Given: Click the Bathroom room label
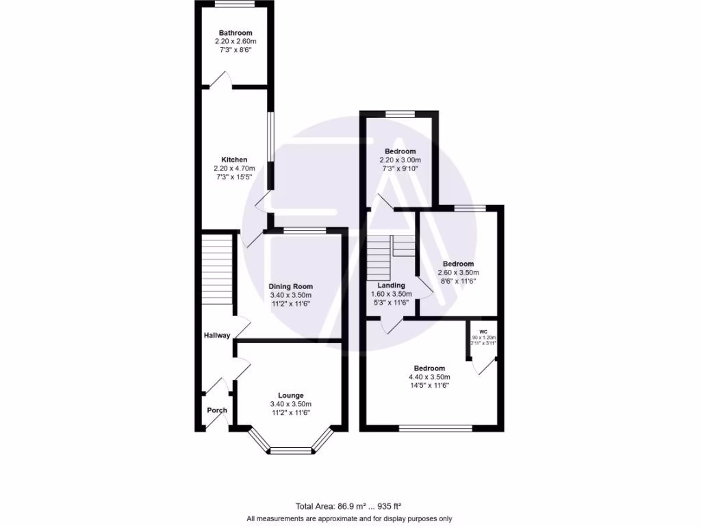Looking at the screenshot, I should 235,33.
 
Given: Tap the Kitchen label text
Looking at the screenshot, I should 233,160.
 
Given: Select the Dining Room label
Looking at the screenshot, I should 290,286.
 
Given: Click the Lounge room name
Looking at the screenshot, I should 290,395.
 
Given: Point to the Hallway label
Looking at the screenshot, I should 217,336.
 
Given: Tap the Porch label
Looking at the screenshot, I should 217,410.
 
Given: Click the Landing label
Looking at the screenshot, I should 391,286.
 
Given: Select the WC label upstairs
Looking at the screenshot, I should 483,331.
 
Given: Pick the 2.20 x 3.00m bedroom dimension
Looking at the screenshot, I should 400,160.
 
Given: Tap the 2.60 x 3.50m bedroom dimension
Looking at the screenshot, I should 457,273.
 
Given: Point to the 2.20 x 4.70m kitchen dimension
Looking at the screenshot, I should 233,168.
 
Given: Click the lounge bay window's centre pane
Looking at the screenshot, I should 290,451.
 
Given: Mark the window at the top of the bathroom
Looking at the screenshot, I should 235,4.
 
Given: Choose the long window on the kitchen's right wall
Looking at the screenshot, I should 270,137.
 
